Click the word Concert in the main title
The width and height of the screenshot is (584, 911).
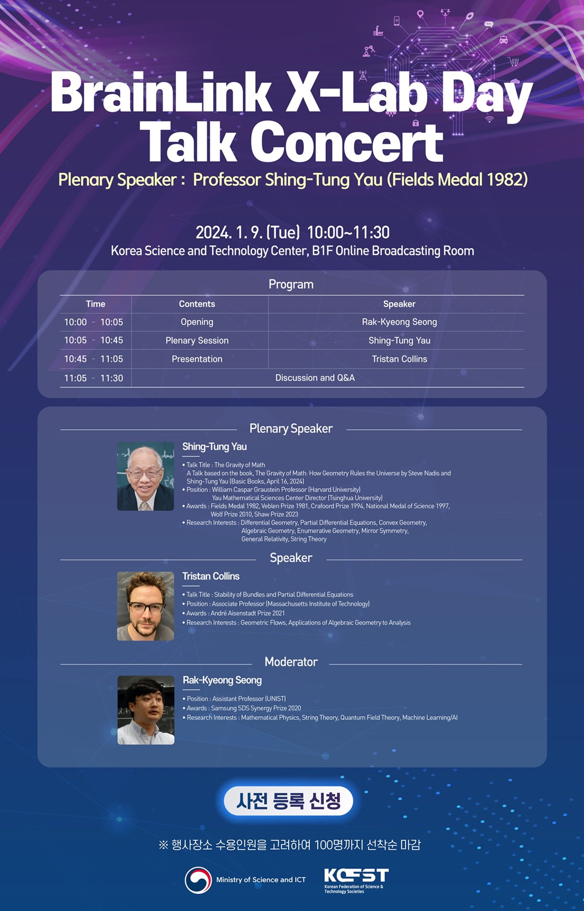click(346, 142)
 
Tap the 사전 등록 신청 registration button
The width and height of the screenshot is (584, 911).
click(288, 800)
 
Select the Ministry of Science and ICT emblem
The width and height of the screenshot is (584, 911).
click(198, 880)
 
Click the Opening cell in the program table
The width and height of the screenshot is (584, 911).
click(197, 322)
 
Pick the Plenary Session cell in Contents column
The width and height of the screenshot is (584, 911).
click(197, 340)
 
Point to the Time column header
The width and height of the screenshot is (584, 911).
click(95, 304)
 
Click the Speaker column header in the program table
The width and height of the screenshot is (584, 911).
click(399, 304)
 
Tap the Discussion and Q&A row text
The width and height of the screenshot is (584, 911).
click(315, 378)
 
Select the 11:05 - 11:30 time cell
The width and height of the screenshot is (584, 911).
click(94, 378)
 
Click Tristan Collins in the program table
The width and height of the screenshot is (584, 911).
click(399, 359)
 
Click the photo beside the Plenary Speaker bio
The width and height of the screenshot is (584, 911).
click(146, 476)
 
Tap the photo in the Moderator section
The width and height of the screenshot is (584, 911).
click(146, 710)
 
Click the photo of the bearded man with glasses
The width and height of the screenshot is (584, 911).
click(146, 606)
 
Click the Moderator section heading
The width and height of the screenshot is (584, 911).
click(291, 662)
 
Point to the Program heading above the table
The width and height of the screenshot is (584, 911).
click(291, 284)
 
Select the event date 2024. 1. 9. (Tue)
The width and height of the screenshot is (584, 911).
click(248, 232)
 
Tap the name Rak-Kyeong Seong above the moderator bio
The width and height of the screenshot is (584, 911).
click(222, 680)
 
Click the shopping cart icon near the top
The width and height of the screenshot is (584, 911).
click(513, 61)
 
